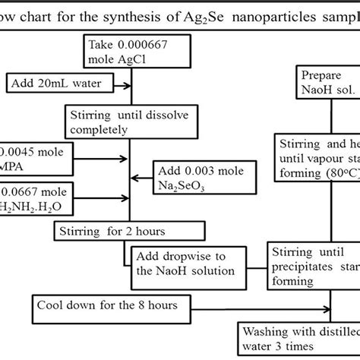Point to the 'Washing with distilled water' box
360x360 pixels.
[x=299, y=339]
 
